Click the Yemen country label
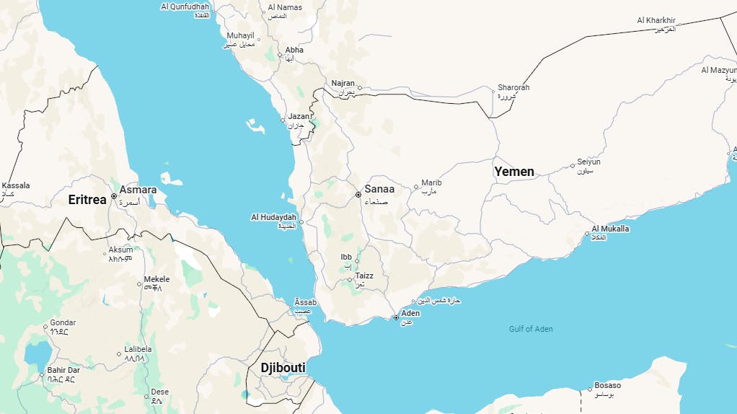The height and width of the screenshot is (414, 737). [514, 172]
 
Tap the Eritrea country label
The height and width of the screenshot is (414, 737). [87, 200]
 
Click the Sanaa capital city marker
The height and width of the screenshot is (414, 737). [358, 195]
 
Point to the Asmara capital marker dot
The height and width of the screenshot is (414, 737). [114, 196]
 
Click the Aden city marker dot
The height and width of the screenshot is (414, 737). [396, 317]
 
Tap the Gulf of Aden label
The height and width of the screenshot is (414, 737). [531, 329]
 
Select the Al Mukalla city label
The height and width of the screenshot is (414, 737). [610, 229]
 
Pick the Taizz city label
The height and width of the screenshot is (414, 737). [364, 276]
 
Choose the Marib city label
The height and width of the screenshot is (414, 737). [431, 183]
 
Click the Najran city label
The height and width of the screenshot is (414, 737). [343, 83]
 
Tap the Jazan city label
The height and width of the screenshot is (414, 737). [299, 116]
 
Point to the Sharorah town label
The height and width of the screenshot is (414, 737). [513, 88]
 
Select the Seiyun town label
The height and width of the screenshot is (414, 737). [588, 162]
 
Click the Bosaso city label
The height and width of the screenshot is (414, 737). [607, 385]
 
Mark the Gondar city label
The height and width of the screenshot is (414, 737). [63, 323]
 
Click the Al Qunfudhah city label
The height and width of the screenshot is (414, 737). [185, 6]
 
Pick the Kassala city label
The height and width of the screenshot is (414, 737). [16, 186]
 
